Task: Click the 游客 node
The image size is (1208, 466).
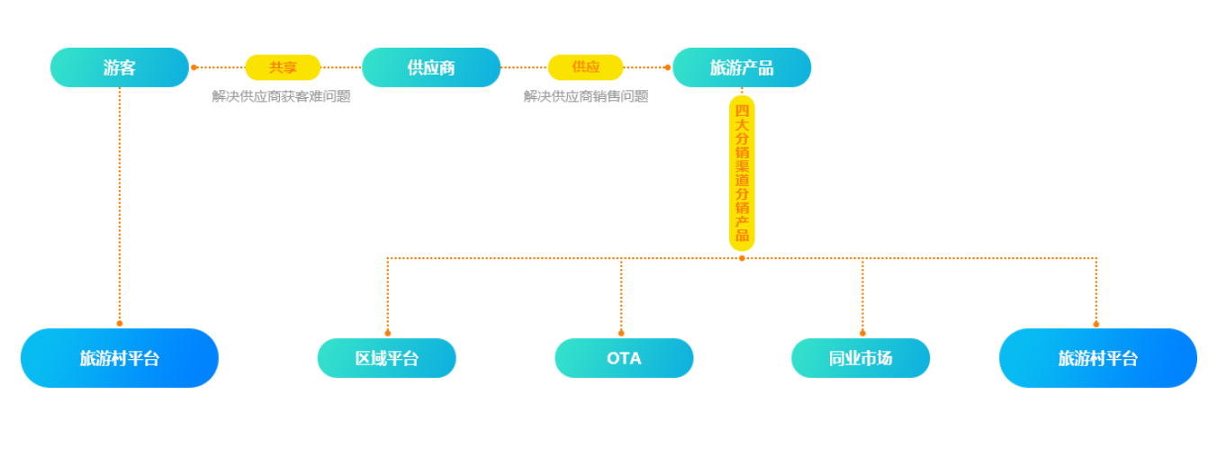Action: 120,67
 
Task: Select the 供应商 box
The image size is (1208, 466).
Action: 431,67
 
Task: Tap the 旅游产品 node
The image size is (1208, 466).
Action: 742,67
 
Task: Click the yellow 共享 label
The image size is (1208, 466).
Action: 283,67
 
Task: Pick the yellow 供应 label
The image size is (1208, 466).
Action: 586,67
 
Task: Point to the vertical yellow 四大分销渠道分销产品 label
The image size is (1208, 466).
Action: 742,173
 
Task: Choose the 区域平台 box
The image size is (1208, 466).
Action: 387,358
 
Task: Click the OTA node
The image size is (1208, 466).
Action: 624,358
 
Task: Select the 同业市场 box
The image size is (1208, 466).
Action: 861,358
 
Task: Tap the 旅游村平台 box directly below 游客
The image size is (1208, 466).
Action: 120,358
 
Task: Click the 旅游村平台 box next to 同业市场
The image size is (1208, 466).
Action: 1098,358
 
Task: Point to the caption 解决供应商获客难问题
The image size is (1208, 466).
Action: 281,96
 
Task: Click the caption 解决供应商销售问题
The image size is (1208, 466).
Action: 586,96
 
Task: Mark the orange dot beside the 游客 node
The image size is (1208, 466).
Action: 194,67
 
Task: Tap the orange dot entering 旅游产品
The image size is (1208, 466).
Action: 668,67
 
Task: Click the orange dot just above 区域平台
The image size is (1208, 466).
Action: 388,333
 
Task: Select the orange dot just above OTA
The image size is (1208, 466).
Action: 621,333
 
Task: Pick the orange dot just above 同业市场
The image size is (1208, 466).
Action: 862,333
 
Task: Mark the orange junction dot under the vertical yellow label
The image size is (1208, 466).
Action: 742,258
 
